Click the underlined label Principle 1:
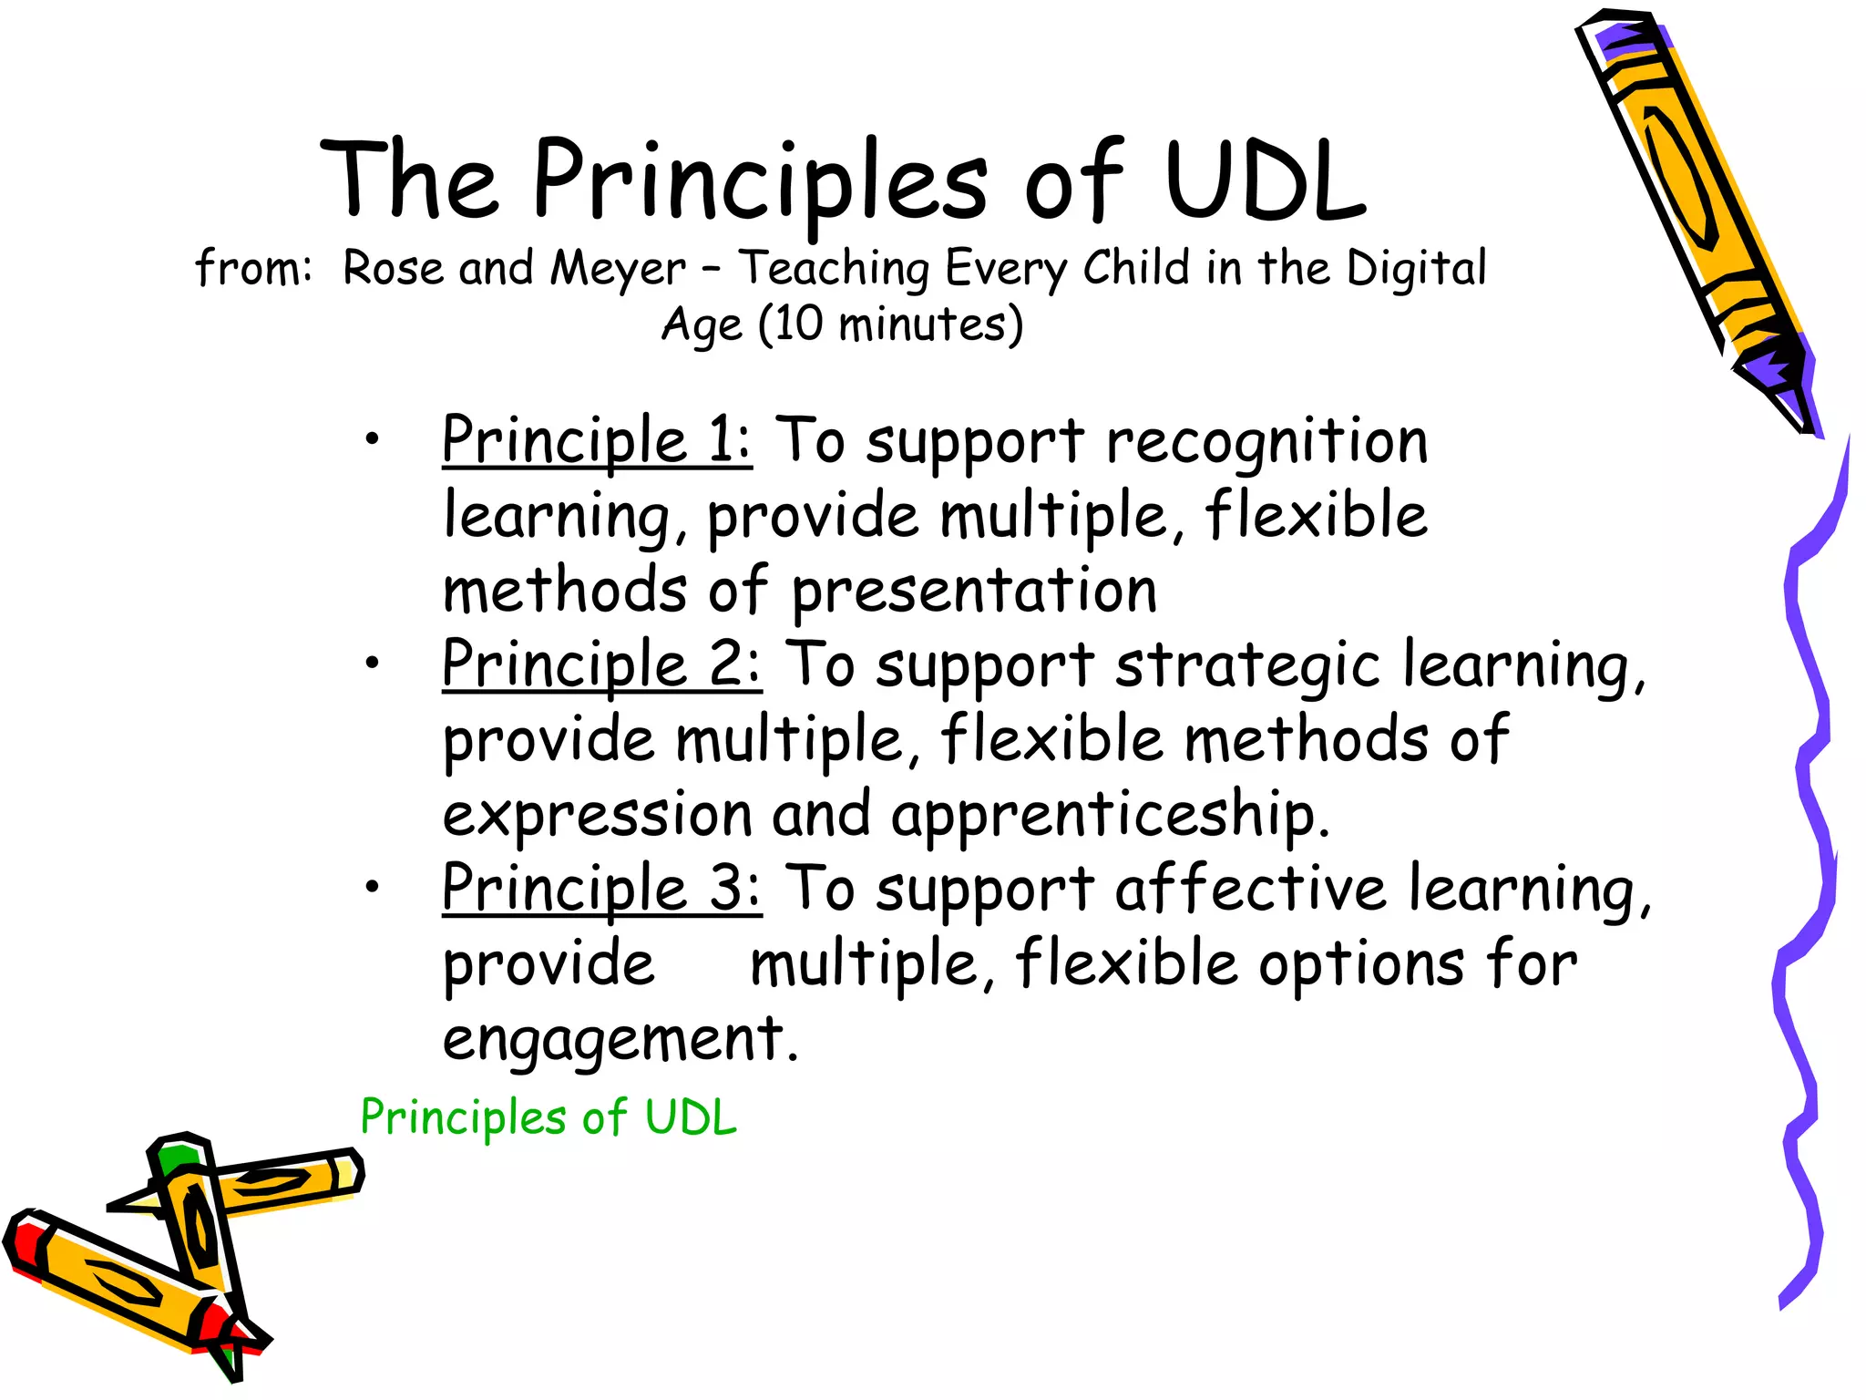coord(597,440)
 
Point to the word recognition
coord(1266,442)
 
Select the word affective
coord(1250,889)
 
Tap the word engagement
coord(620,1039)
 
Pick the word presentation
coord(973,591)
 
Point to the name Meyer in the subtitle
coord(618,269)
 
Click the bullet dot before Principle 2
coord(371,663)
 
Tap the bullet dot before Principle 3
coord(371,886)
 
